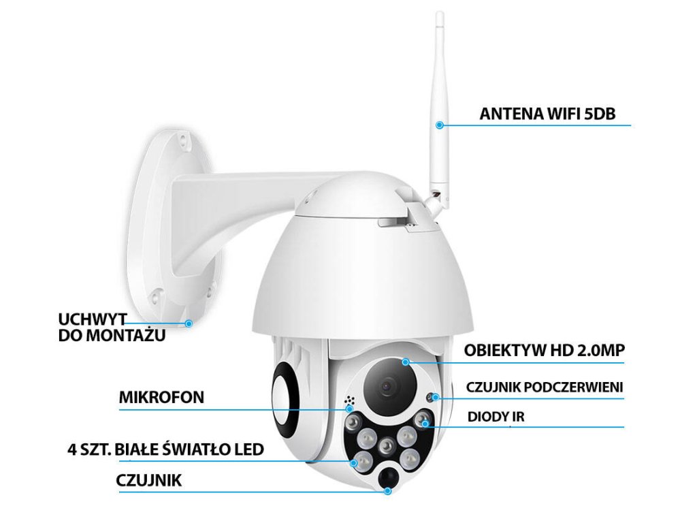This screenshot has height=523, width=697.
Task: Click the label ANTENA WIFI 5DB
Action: tap(547, 113)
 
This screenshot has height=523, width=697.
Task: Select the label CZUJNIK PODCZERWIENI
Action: tap(545, 387)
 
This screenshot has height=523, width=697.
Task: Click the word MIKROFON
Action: tap(161, 398)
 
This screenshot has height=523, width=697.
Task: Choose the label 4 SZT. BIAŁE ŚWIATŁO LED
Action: tap(165, 449)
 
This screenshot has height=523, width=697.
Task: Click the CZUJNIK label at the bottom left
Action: tap(149, 481)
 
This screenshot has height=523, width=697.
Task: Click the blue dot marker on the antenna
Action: tap(440, 125)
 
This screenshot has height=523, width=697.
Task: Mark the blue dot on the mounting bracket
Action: tap(190, 323)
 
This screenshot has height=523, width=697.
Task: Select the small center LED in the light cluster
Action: tap(386, 446)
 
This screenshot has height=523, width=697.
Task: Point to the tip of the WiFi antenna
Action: tap(439, 15)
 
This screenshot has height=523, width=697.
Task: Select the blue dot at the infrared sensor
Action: tap(434, 398)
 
